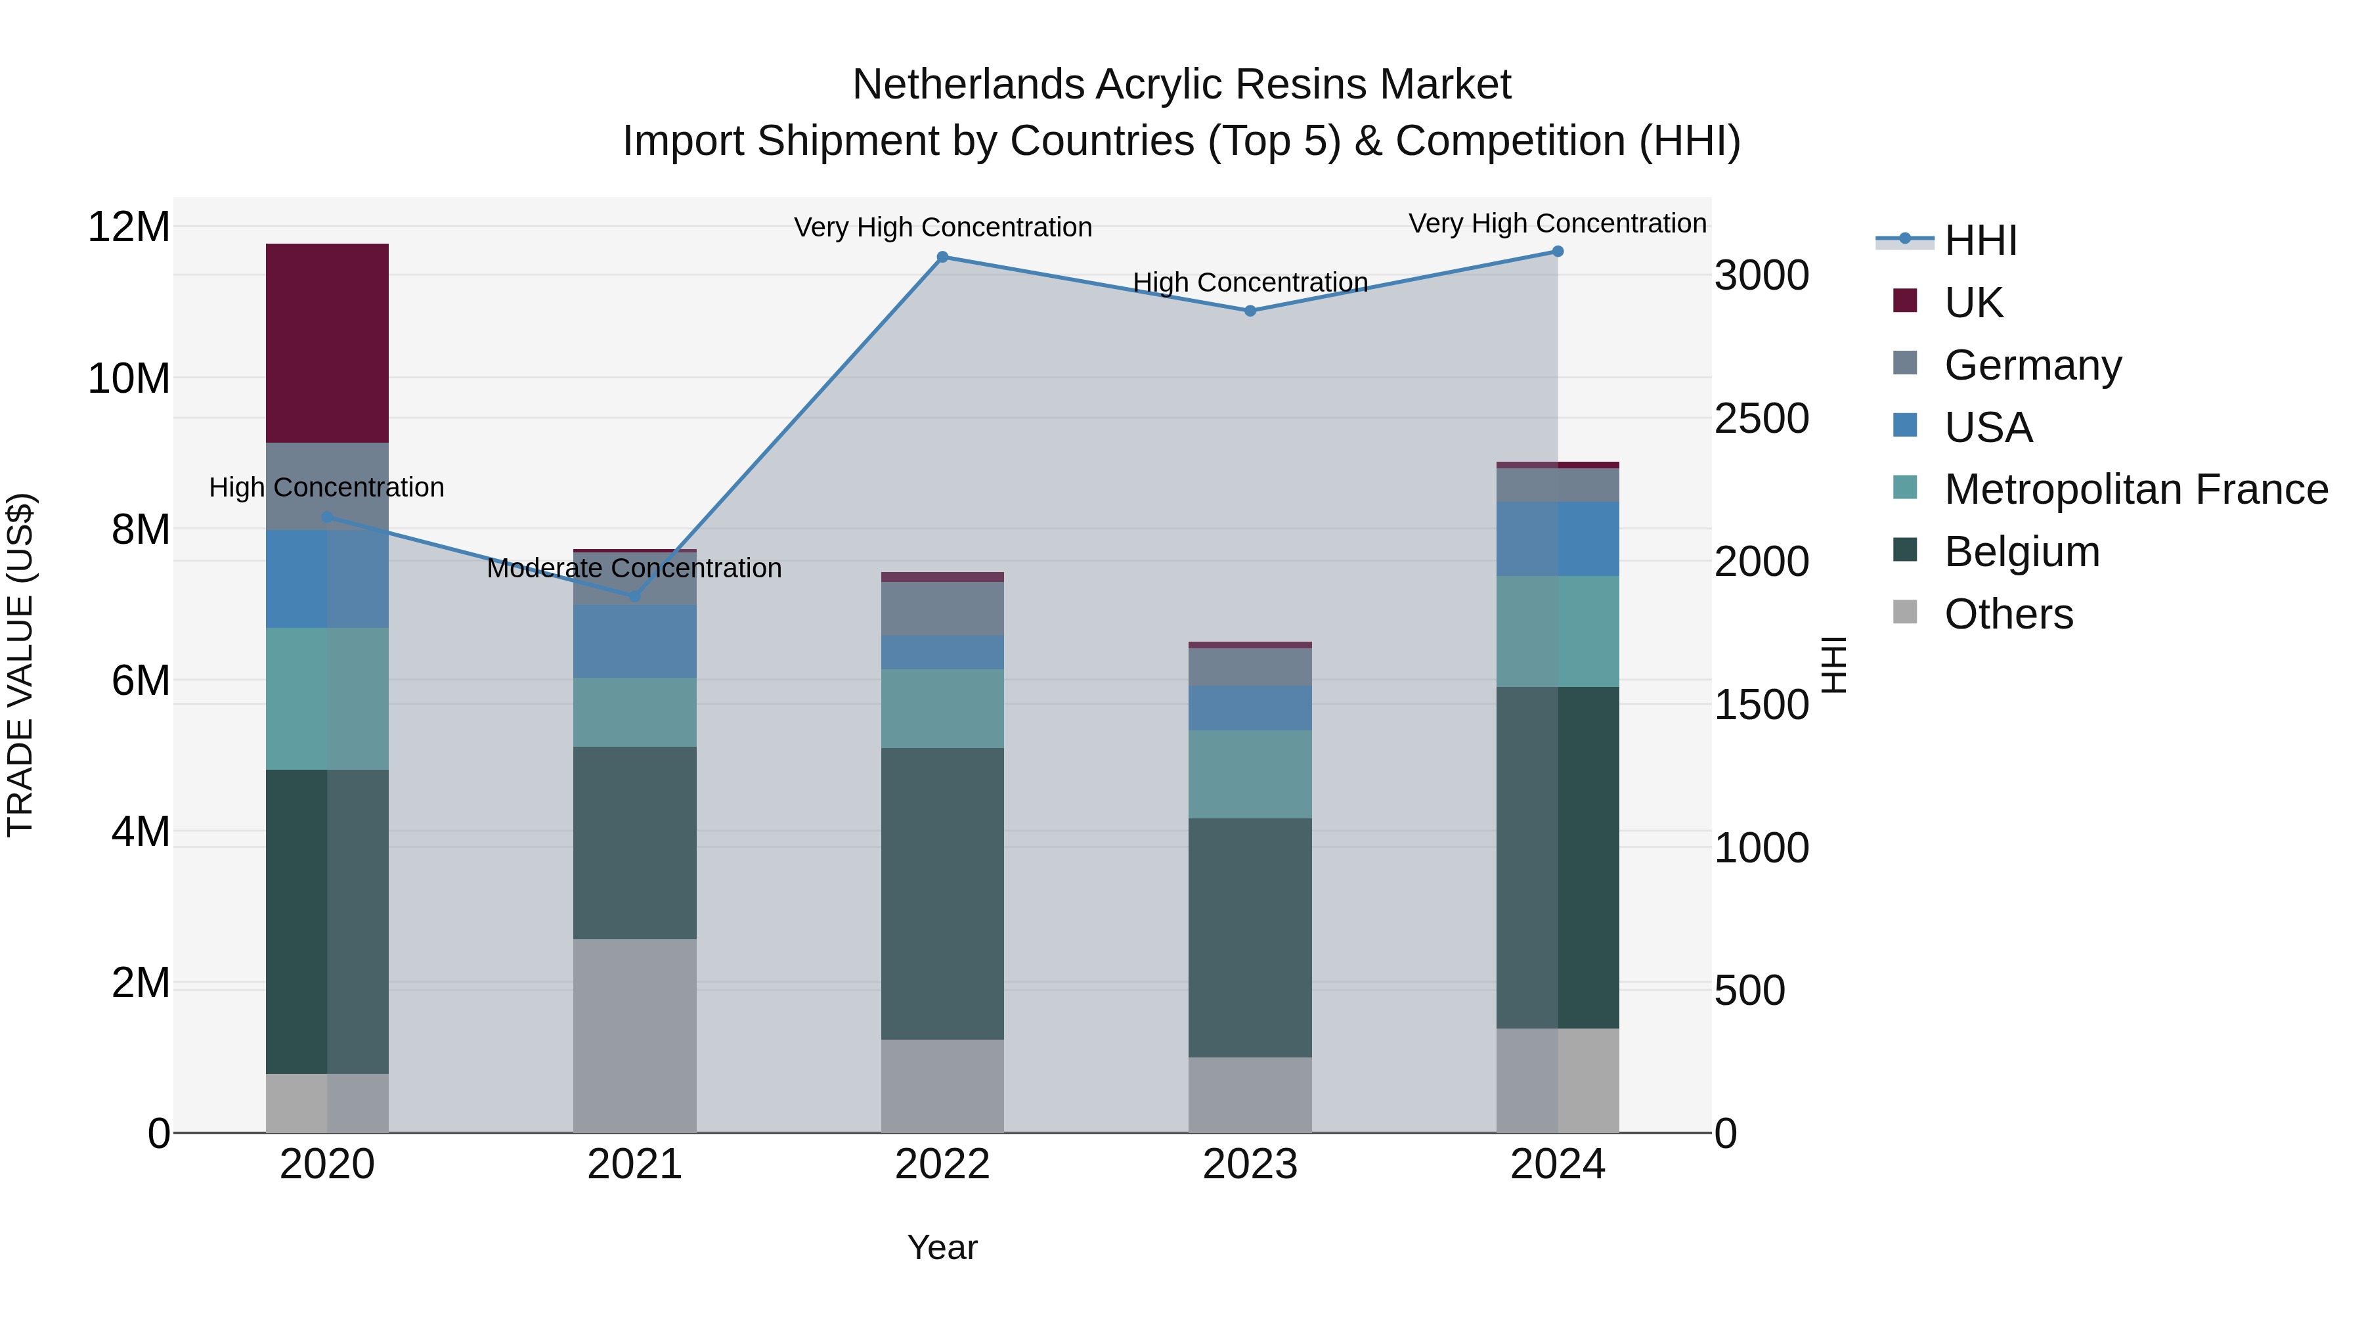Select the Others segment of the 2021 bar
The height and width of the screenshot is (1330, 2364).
634,1035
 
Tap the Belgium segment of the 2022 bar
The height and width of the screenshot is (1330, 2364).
942,893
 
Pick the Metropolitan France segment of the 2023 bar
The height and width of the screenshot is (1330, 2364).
1249,774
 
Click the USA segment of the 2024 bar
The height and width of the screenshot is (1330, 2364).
1558,539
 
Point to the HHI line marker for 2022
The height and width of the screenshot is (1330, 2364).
942,257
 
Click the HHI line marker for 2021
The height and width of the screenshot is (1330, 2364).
634,596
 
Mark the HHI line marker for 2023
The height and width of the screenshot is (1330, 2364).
1249,310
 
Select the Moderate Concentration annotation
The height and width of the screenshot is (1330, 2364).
634,568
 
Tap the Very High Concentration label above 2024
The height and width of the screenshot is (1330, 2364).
1558,223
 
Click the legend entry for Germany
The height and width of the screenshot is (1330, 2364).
2032,365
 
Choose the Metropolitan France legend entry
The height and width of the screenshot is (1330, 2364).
2135,489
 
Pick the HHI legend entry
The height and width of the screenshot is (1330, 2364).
1981,240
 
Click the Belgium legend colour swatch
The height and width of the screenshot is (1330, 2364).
1904,550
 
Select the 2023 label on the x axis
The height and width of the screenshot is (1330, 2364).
1249,1164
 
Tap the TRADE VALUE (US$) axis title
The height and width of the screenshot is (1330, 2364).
20,665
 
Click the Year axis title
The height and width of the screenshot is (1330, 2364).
942,1247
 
